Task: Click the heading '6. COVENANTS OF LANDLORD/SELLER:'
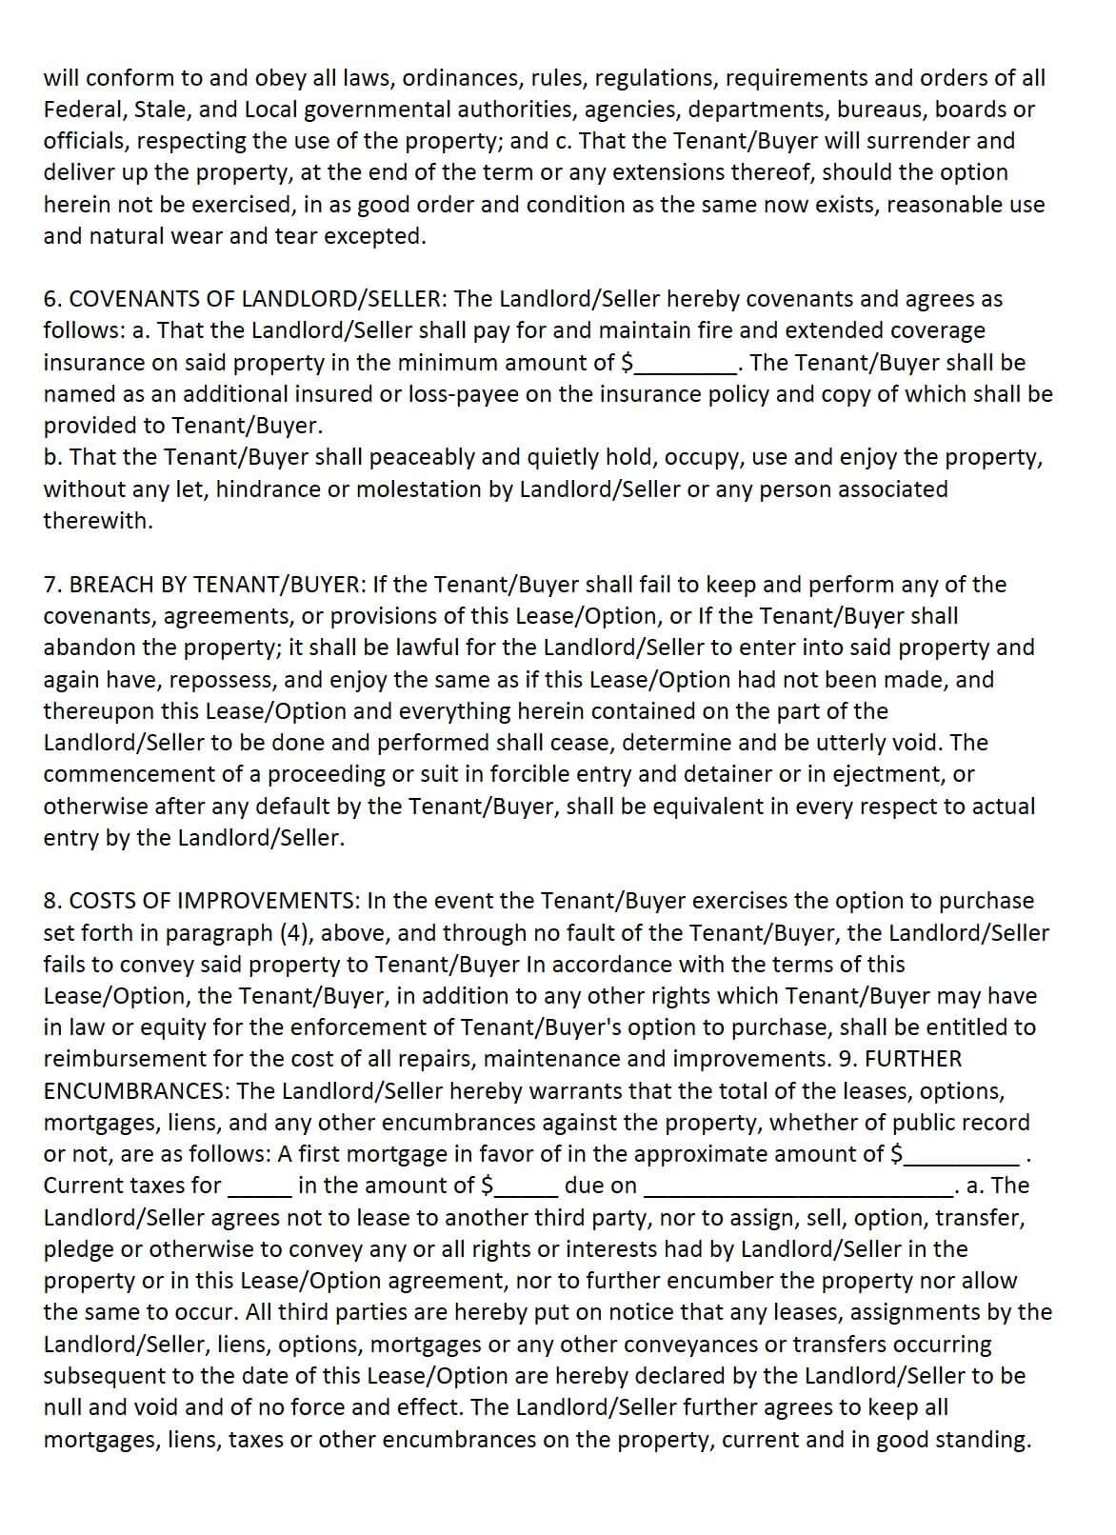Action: (244, 299)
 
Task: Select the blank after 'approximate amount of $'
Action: (962, 1155)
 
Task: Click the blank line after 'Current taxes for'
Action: (259, 1186)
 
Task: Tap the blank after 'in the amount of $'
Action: (524, 1186)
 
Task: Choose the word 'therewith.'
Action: (98, 521)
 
